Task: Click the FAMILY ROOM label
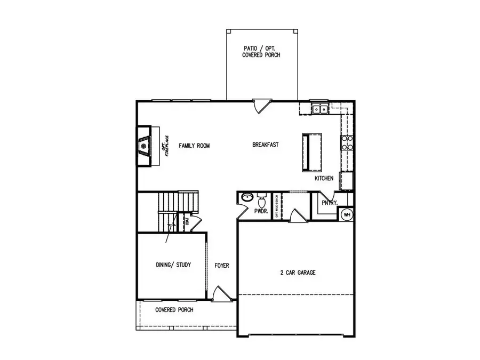point(195,145)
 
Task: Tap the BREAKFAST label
point(266,145)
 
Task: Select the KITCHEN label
point(324,178)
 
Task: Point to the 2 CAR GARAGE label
point(298,273)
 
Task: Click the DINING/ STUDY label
point(173,265)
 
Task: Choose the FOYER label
point(222,265)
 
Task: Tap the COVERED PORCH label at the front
point(174,310)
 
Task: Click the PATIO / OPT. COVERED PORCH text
point(260,51)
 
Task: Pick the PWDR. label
point(261,211)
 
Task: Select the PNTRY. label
point(329,203)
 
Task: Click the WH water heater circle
point(347,214)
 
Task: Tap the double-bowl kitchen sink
point(320,109)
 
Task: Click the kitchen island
point(312,152)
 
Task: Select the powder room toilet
point(261,201)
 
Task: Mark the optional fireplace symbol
point(143,146)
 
